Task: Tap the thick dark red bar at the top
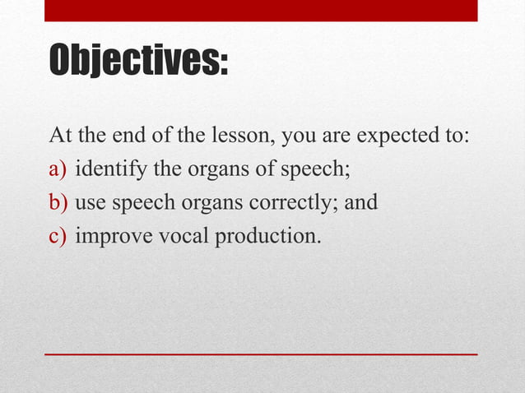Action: [x=261, y=10]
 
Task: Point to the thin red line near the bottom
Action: [x=261, y=354]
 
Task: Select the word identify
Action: [x=112, y=169]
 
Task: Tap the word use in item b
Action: [x=90, y=203]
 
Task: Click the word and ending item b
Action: [x=360, y=202]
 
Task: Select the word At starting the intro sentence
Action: [x=62, y=135]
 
